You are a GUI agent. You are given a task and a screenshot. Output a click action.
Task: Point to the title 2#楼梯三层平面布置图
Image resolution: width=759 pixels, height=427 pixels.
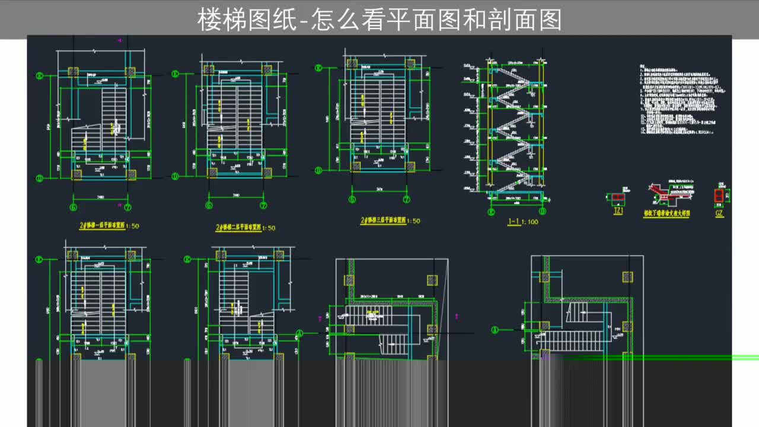click(x=383, y=220)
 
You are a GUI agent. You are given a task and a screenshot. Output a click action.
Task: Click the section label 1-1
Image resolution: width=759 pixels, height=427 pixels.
click(x=514, y=222)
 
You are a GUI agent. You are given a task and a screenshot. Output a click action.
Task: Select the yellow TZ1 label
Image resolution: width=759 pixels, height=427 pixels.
click(x=618, y=212)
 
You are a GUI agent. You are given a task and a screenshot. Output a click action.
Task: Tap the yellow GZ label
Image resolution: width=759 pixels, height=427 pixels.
click(x=719, y=213)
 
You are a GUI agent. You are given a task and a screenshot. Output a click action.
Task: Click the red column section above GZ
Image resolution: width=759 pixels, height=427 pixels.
click(x=719, y=196)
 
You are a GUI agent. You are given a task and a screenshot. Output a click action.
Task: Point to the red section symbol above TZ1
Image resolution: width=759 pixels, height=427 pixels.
click(x=618, y=196)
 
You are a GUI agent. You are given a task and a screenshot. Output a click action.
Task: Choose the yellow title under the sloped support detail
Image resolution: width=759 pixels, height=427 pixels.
click(x=666, y=213)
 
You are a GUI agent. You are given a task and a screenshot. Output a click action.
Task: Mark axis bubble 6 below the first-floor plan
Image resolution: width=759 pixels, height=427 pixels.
click(x=74, y=207)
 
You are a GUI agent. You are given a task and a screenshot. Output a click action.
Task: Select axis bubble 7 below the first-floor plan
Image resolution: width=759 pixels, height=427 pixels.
click(x=127, y=207)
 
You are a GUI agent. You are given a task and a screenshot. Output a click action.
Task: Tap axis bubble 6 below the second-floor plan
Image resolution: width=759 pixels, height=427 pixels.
click(x=209, y=206)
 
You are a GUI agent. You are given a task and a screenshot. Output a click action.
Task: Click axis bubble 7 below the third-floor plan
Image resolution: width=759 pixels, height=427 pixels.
click(x=406, y=200)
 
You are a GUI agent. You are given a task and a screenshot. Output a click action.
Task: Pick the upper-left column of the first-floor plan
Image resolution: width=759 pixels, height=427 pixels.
click(x=73, y=72)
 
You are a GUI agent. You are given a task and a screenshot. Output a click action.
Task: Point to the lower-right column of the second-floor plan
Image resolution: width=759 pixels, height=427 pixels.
click(x=267, y=173)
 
